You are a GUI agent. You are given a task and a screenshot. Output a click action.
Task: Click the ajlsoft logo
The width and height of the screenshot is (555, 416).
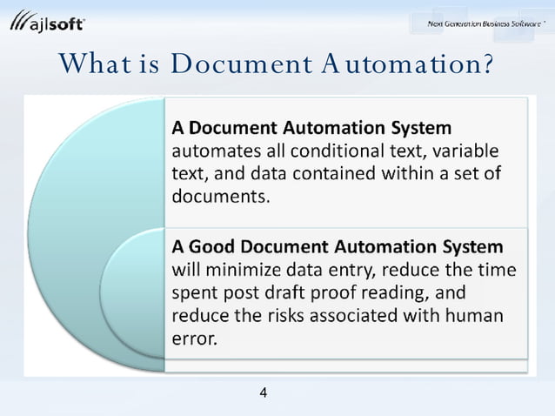[x=48, y=23]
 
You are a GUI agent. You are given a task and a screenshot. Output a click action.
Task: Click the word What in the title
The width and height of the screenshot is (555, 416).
[x=93, y=64]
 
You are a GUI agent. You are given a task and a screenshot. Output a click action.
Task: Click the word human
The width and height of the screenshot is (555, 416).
[x=474, y=315]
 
